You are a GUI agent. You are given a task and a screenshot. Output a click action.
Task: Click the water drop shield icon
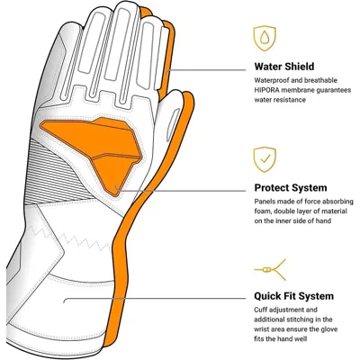265,38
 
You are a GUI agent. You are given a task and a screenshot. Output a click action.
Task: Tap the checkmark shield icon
265,159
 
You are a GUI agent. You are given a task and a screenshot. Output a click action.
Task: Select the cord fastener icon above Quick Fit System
270,270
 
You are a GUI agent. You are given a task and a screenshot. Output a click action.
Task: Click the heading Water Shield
284,67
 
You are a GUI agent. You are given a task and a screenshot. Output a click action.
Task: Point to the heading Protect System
291,188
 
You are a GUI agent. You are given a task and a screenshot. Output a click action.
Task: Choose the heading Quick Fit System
293,296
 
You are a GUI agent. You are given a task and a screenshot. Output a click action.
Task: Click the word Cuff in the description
260,310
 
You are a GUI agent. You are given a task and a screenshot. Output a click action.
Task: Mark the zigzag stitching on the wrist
70,236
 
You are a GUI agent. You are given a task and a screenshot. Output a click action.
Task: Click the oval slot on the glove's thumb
174,124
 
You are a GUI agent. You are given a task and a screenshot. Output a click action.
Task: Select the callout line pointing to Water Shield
206,70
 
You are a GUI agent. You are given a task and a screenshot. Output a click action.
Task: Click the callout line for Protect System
181,191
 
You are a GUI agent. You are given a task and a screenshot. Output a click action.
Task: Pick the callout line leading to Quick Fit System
155,299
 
